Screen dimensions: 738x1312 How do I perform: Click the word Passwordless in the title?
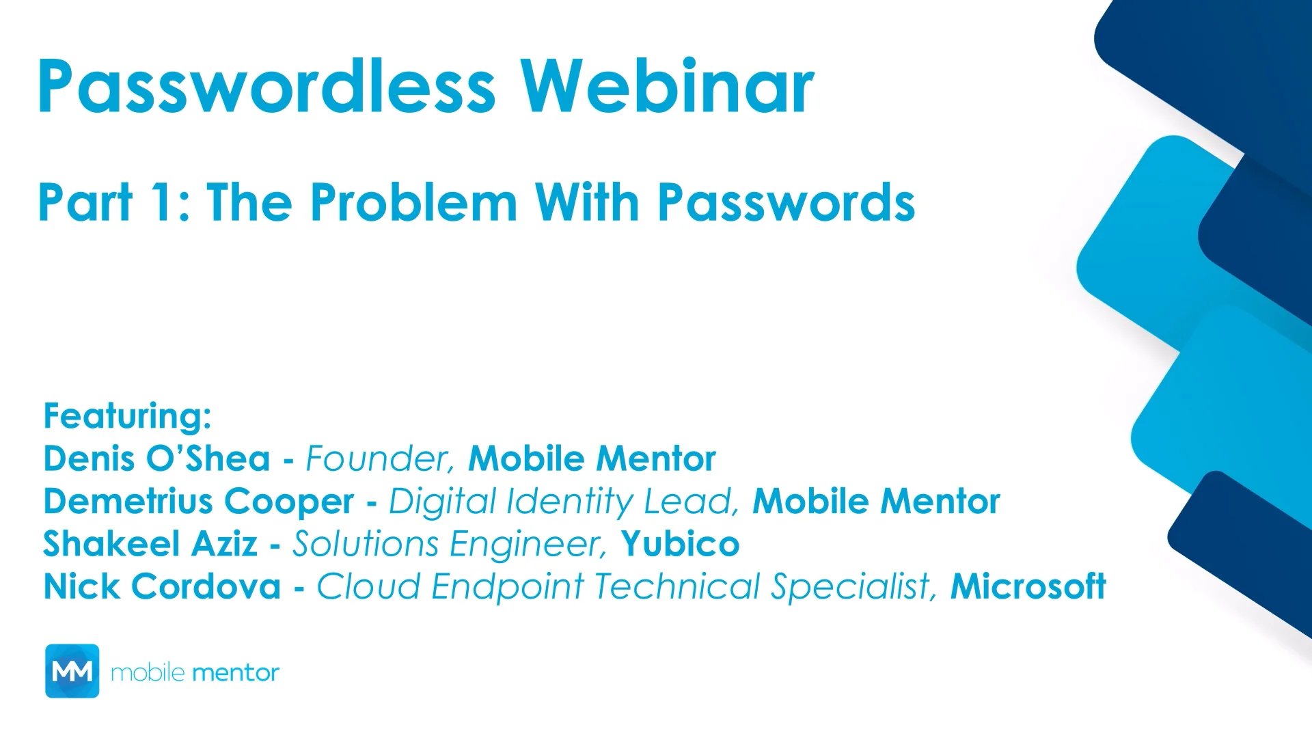pyautogui.click(x=266, y=87)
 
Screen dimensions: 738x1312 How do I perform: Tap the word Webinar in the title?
pyautogui.click(x=667, y=87)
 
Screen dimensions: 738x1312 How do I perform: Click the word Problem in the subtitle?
pyautogui.click(x=413, y=203)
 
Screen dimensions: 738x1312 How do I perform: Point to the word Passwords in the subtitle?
pyautogui.click(x=786, y=203)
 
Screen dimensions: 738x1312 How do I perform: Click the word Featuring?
pyautogui.click(x=127, y=416)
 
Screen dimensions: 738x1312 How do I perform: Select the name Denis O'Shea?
pyautogui.click(x=156, y=459)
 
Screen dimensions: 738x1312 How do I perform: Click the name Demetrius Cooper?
pyautogui.click(x=198, y=502)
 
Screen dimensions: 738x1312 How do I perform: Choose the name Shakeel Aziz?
pyautogui.click(x=150, y=545)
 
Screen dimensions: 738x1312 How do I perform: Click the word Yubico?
pyautogui.click(x=680, y=545)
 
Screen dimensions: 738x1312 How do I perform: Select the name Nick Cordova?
pyautogui.click(x=162, y=587)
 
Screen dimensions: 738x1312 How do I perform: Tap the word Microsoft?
pyautogui.click(x=1028, y=587)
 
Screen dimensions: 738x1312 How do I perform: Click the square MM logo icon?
pyautogui.click(x=72, y=671)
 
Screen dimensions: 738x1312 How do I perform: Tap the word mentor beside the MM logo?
pyautogui.click(x=235, y=673)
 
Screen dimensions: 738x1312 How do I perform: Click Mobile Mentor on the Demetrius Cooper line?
pyautogui.click(x=876, y=502)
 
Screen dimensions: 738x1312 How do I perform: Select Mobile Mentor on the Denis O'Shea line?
pyautogui.click(x=592, y=459)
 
